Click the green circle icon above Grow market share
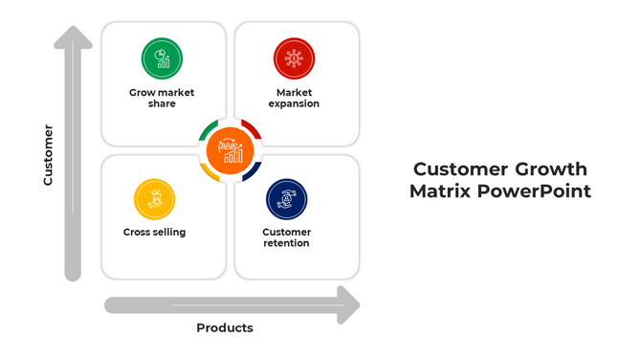pyautogui.click(x=162, y=58)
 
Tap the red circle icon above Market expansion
pyautogui.click(x=293, y=58)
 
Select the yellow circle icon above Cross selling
pyautogui.click(x=154, y=199)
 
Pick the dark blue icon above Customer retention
pyautogui.click(x=286, y=199)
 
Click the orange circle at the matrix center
pyautogui.click(x=231, y=149)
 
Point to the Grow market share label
pyautogui.click(x=162, y=98)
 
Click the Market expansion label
pyautogui.click(x=294, y=98)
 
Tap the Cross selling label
pyautogui.click(x=154, y=232)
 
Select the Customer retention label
pyautogui.click(x=287, y=237)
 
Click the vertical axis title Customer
pyautogui.click(x=48, y=154)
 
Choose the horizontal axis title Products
pyautogui.click(x=225, y=327)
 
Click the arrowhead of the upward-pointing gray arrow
pyautogui.click(x=73, y=38)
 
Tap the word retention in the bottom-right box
pyautogui.click(x=287, y=243)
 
